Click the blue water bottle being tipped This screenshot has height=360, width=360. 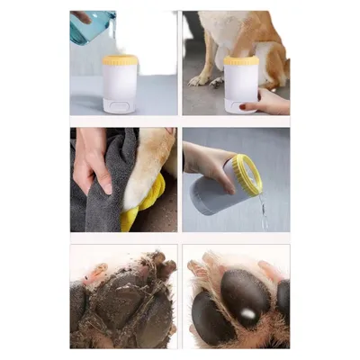(91, 26)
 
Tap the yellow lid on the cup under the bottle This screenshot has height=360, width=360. (121, 60)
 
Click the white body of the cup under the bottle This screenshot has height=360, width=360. (121, 86)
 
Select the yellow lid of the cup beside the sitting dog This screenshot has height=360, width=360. (241, 60)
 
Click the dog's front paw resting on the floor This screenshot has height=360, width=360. (200, 78)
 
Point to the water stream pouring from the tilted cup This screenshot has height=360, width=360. (262, 213)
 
